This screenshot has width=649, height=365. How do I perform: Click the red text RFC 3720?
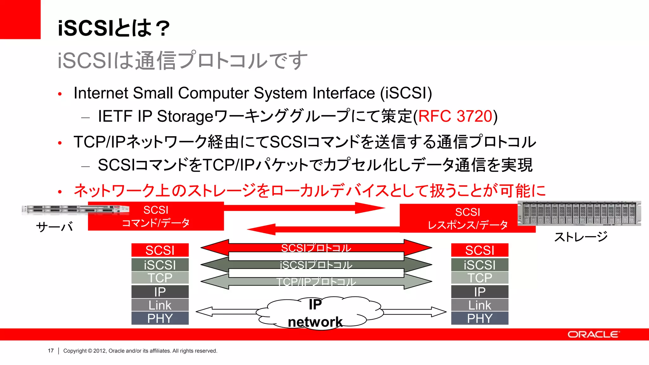click(x=455, y=116)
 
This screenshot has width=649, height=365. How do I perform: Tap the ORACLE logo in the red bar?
click(x=593, y=335)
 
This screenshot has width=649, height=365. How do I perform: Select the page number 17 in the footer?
click(x=51, y=351)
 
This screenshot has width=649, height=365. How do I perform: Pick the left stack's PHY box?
click(x=160, y=318)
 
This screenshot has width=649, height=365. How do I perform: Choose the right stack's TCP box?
click(x=479, y=278)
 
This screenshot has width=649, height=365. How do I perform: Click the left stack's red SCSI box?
click(x=160, y=250)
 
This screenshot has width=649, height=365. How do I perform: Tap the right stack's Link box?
click(x=479, y=305)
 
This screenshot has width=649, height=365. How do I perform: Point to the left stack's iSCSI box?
click(x=160, y=265)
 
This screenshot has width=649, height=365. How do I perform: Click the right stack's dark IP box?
click(x=479, y=292)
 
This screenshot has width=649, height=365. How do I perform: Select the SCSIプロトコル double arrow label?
click(x=316, y=248)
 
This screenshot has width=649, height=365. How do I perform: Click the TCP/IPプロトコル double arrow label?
click(x=316, y=282)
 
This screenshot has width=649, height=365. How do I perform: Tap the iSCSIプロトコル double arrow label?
click(x=316, y=265)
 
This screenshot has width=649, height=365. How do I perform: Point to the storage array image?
click(x=579, y=213)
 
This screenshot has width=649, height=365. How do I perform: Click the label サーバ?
click(x=55, y=227)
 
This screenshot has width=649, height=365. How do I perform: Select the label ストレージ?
click(x=581, y=237)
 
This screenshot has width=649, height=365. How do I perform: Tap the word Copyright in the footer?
click(x=75, y=351)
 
